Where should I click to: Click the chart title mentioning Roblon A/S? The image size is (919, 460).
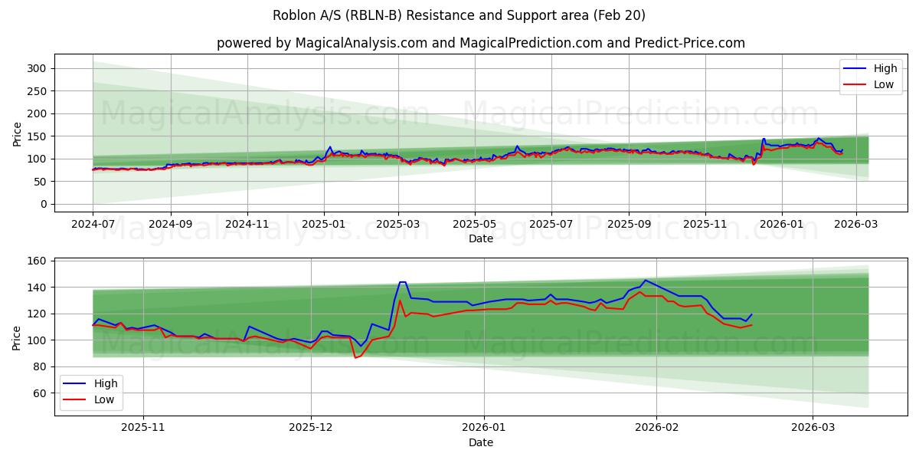[459, 15]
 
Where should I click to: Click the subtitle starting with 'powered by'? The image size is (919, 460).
[480, 43]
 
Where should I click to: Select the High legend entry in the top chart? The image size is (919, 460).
[874, 68]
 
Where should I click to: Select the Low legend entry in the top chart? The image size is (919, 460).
[874, 84]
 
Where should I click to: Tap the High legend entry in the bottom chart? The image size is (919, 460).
[94, 383]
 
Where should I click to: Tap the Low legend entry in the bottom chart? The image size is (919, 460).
[94, 399]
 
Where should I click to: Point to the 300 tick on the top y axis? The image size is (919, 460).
[36, 68]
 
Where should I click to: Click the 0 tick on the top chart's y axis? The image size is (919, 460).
[44, 204]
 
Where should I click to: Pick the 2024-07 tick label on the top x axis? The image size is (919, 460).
[93, 224]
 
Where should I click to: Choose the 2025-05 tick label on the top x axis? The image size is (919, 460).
[474, 224]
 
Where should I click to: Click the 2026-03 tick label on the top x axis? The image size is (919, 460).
[855, 224]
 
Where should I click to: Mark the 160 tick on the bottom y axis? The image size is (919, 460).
[36, 261]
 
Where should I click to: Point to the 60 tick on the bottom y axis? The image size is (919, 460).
[39, 393]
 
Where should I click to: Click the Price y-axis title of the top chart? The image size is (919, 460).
[17, 133]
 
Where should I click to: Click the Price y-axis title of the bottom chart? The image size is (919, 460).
[17, 337]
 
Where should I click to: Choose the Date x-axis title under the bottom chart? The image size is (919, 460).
[480, 442]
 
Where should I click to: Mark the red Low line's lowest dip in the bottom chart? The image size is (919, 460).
[355, 357]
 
